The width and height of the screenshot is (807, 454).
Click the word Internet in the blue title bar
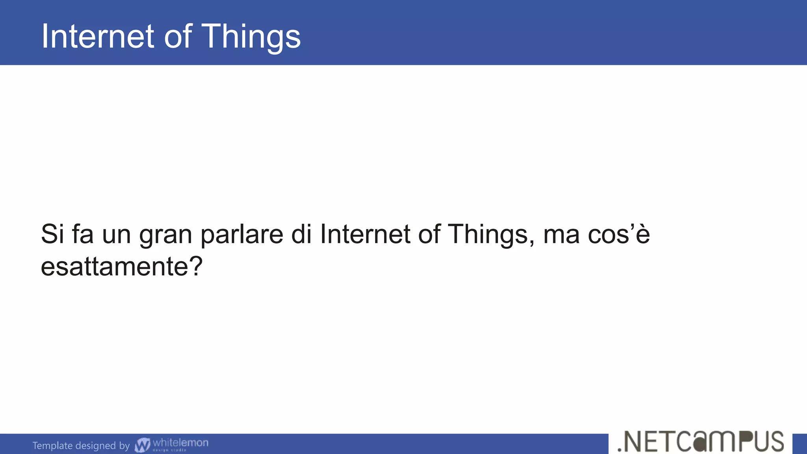pyautogui.click(x=97, y=36)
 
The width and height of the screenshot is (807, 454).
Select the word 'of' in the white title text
pyautogui.click(x=178, y=36)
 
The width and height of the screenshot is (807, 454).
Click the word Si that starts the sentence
pyautogui.click(x=52, y=234)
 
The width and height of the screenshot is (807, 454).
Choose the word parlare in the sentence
pyautogui.click(x=241, y=234)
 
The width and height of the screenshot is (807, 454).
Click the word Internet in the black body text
pyautogui.click(x=365, y=234)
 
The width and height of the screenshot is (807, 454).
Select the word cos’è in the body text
pyautogui.click(x=619, y=234)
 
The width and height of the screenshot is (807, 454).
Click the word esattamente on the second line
pyautogui.click(x=112, y=267)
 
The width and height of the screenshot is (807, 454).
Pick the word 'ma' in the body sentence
pyautogui.click(x=561, y=235)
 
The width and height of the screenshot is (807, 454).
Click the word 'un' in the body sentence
pyautogui.click(x=116, y=235)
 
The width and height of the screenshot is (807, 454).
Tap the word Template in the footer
pyautogui.click(x=52, y=445)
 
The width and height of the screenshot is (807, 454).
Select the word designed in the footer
pyautogui.click(x=95, y=446)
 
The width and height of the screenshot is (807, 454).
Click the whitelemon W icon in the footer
pyautogui.click(x=142, y=445)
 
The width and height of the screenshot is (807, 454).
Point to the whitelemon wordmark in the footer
pyautogui.click(x=180, y=443)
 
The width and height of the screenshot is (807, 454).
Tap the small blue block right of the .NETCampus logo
pyautogui.click(x=800, y=444)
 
